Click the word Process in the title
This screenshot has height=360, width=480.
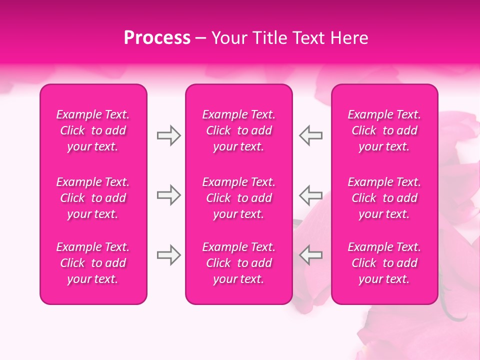[157, 38]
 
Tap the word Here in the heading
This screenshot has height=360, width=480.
[350, 38]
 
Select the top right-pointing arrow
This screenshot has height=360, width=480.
[169, 135]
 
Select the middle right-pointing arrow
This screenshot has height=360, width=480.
[169, 194]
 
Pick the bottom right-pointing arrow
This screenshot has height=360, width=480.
[169, 255]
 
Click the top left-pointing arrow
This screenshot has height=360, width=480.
[310, 135]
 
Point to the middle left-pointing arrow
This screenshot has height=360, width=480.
[310, 194]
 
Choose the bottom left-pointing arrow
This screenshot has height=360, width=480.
[310, 255]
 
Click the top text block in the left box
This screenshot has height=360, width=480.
[93, 130]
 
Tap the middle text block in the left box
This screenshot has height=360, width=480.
[93, 198]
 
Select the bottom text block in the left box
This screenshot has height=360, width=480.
[93, 263]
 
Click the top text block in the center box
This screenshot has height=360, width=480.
[239, 130]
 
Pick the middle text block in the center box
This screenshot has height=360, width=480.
[239, 198]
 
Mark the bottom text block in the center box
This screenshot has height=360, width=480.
[239, 263]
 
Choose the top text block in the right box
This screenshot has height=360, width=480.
[384, 130]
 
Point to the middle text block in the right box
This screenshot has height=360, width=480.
[384, 198]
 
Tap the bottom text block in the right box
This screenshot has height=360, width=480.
[384, 263]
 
